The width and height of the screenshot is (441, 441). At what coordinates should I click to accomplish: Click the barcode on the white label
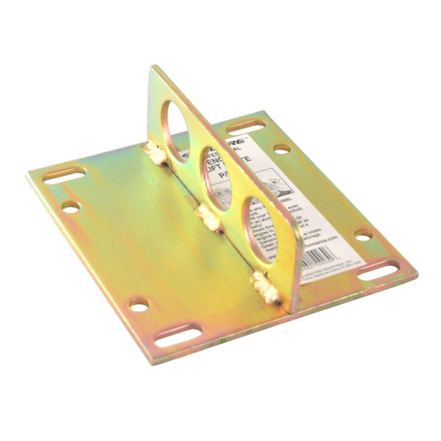(x=322, y=255)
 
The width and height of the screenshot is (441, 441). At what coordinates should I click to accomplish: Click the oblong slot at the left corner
(x=64, y=176)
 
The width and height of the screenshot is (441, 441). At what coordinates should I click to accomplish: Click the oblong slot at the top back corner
(x=245, y=127)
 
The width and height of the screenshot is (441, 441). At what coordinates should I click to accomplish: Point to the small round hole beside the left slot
(x=71, y=207)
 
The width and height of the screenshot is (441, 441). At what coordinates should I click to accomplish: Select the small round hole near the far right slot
(x=363, y=235)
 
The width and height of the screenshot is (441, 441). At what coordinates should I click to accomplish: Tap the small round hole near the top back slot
(x=282, y=148)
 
